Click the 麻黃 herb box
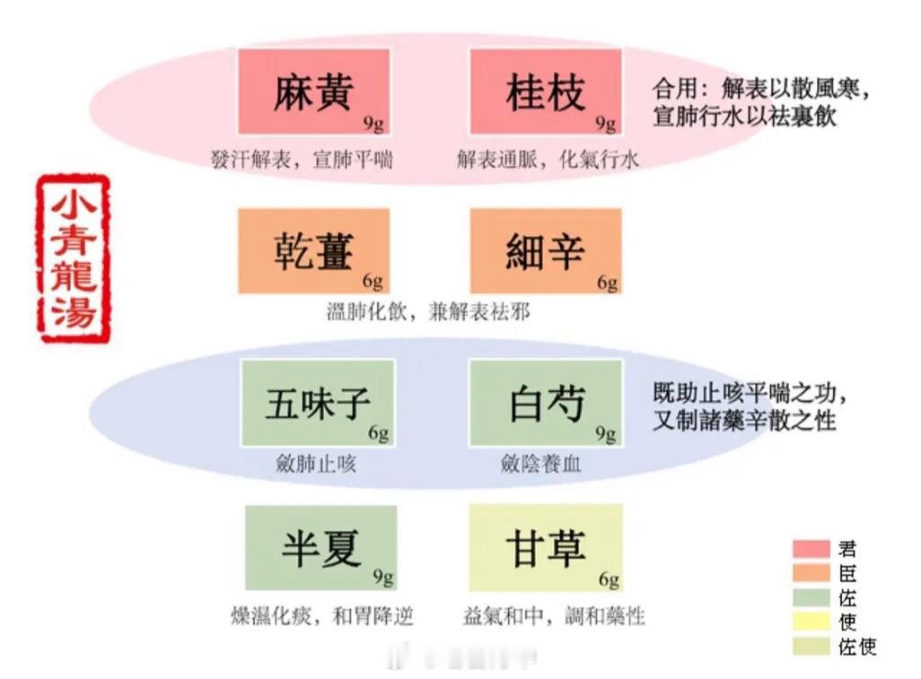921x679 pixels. point(313,91)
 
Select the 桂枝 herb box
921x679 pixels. point(546,91)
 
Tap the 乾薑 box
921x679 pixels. point(313,250)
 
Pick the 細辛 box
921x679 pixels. point(546,250)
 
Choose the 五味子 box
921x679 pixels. point(318,403)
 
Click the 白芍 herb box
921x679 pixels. point(546,403)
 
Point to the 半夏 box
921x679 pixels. point(320,547)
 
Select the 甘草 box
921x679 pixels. point(546,547)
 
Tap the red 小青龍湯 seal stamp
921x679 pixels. point(73,258)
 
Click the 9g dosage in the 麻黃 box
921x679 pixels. point(373,124)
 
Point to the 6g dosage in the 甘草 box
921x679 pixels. point(610,579)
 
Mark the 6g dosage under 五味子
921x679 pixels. point(378,433)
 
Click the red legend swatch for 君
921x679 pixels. point(811,549)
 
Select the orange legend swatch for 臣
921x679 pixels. point(811,573)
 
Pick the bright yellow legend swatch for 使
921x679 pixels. point(811,621)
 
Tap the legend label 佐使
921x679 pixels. point(857,646)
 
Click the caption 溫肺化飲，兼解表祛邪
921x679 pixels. point(428,311)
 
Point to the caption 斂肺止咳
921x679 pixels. point(316,464)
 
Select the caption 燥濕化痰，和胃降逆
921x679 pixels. point(322,615)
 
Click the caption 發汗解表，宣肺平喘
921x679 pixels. point(302,159)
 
